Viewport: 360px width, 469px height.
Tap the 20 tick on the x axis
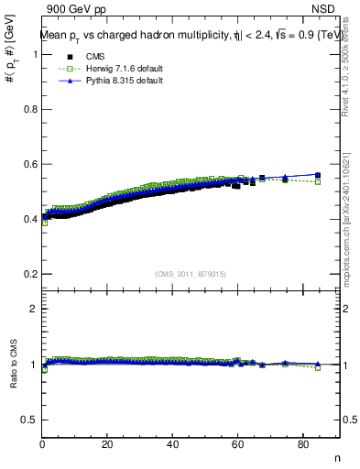tap(108, 446)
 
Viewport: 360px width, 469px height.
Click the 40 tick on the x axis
tap(173, 446)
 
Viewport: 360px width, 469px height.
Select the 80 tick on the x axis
tap(304, 446)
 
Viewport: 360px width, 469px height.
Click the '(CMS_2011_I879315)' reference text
tap(191, 274)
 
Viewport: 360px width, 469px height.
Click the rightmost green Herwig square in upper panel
tap(318, 181)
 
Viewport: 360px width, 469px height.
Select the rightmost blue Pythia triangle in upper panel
tap(318, 174)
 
